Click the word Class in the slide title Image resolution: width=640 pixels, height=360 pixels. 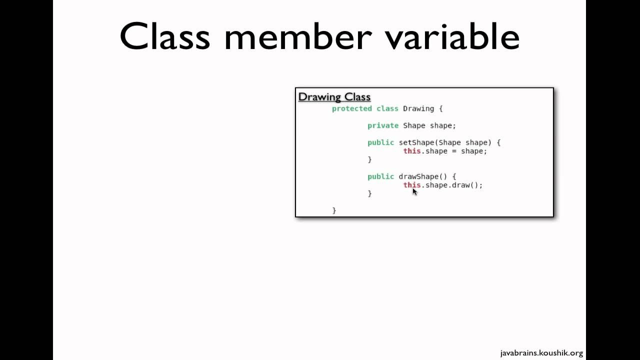(x=164, y=36)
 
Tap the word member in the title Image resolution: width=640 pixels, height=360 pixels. (x=298, y=36)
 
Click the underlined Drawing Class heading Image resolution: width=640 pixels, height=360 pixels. (x=334, y=97)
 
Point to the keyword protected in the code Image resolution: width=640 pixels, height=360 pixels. (x=352, y=108)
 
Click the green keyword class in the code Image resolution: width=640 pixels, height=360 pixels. (x=387, y=108)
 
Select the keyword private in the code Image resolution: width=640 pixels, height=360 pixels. (x=383, y=125)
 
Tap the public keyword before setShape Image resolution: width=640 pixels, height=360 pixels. (x=380, y=142)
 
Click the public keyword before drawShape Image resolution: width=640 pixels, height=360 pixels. (x=380, y=176)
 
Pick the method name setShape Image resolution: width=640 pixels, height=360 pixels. (x=416, y=142)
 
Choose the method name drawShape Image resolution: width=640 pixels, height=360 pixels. (x=418, y=176)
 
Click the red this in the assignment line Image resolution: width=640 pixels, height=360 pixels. (x=412, y=151)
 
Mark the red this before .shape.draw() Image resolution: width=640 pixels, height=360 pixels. (x=411, y=184)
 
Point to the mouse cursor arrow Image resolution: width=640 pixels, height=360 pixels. (x=414, y=191)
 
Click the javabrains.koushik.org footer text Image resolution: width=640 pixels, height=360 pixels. (x=541, y=353)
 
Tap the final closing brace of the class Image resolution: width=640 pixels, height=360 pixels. (x=334, y=210)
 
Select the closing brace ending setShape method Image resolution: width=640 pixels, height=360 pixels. (x=369, y=159)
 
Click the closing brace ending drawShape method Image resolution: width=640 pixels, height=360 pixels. (x=369, y=193)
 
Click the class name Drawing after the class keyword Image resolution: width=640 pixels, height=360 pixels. (x=418, y=108)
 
